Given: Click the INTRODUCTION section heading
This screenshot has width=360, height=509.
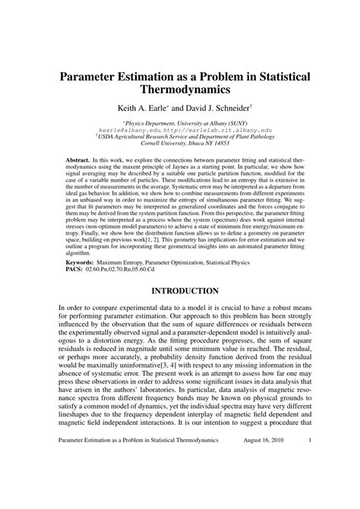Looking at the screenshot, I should [x=179, y=290].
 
